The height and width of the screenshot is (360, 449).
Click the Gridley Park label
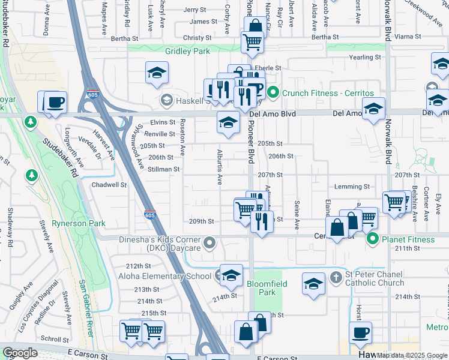(x=184, y=51)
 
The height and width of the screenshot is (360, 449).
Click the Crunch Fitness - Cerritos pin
(x=274, y=93)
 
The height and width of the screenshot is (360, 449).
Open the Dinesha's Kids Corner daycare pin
(x=209, y=243)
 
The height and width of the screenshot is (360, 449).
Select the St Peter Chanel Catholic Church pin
(x=336, y=278)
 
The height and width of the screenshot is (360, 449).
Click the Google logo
(x=20, y=353)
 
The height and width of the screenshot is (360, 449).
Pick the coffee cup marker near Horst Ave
(x=360, y=333)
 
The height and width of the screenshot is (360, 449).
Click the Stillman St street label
(x=163, y=169)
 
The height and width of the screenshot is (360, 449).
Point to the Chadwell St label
(x=109, y=185)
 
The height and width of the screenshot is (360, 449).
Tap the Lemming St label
(x=352, y=187)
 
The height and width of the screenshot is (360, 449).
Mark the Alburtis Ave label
(x=220, y=167)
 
